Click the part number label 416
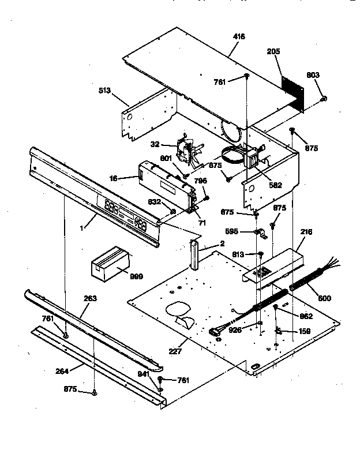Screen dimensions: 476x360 pos(239,37)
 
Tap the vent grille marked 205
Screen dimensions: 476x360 pos(294,91)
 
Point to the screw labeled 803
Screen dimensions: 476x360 pos(324,99)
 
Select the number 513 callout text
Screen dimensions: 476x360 pos(105,91)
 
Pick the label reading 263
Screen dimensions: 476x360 pos(90,298)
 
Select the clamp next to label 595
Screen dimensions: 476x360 pos(260,233)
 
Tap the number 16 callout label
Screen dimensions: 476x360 pos(114,179)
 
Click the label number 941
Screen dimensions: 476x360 pos(143,373)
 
